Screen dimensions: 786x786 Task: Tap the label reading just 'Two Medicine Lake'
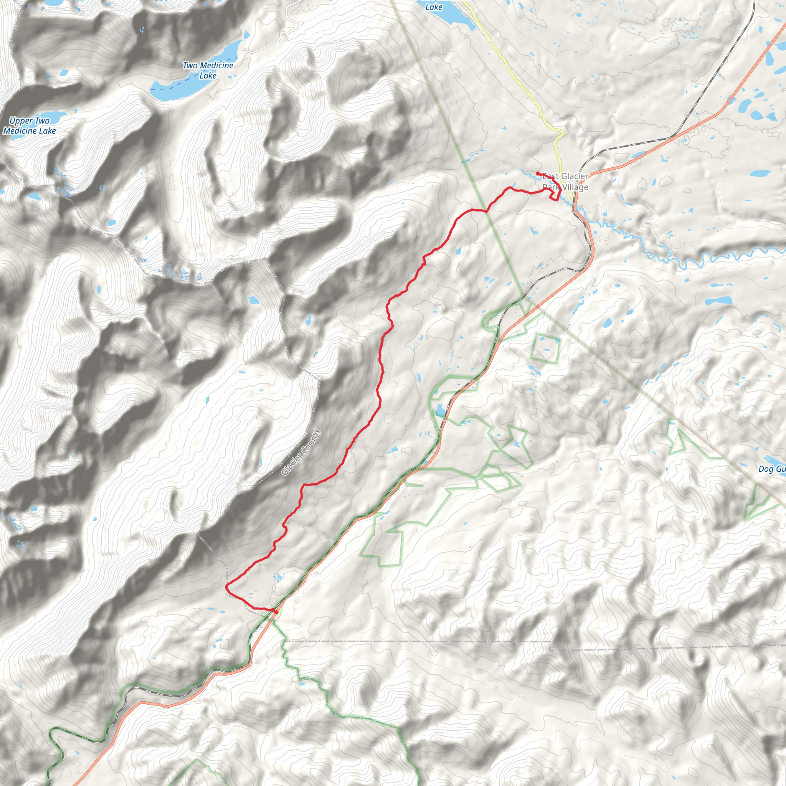click(208, 70)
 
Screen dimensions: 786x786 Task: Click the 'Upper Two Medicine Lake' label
click(29, 126)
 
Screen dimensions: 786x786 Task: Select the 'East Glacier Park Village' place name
click(565, 182)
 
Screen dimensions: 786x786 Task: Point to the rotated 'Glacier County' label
click(301, 452)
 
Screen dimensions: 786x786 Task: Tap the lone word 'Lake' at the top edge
click(434, 7)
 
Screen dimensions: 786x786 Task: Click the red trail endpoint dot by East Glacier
click(538, 174)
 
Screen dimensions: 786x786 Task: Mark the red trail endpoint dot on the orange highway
click(276, 611)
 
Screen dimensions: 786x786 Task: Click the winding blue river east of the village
click(692, 260)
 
